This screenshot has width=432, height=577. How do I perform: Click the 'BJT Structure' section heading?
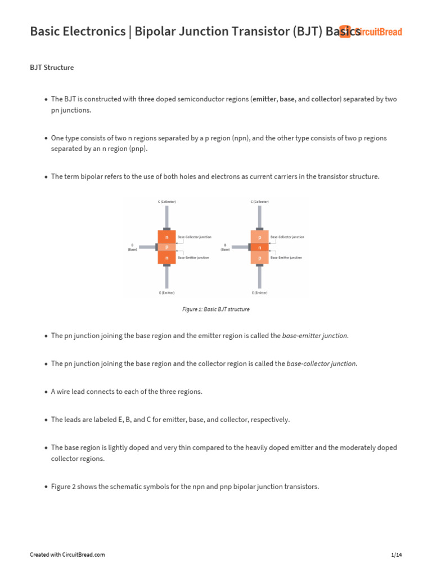[x=52, y=68]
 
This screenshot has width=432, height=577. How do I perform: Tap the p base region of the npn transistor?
[x=166, y=247]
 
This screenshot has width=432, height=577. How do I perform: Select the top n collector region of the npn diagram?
[x=166, y=237]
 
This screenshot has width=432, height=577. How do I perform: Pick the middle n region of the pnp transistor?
[x=259, y=247]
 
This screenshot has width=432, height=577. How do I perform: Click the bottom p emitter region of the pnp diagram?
[x=259, y=258]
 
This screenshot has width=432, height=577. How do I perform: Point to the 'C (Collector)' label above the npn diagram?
[x=166, y=202]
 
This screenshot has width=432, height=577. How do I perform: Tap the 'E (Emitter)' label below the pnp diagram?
[x=259, y=293]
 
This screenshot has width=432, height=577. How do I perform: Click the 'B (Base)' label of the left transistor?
[x=132, y=247]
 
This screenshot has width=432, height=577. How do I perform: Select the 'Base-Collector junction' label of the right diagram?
[x=287, y=237]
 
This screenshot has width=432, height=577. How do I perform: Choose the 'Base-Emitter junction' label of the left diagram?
[x=193, y=258]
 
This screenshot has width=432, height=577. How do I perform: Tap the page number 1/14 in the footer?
[x=397, y=555]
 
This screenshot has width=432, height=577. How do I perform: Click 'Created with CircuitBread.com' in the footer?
[x=67, y=555]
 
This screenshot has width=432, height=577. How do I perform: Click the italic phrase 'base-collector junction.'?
[x=322, y=364]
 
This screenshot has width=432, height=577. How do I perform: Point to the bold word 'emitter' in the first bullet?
[x=265, y=99]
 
